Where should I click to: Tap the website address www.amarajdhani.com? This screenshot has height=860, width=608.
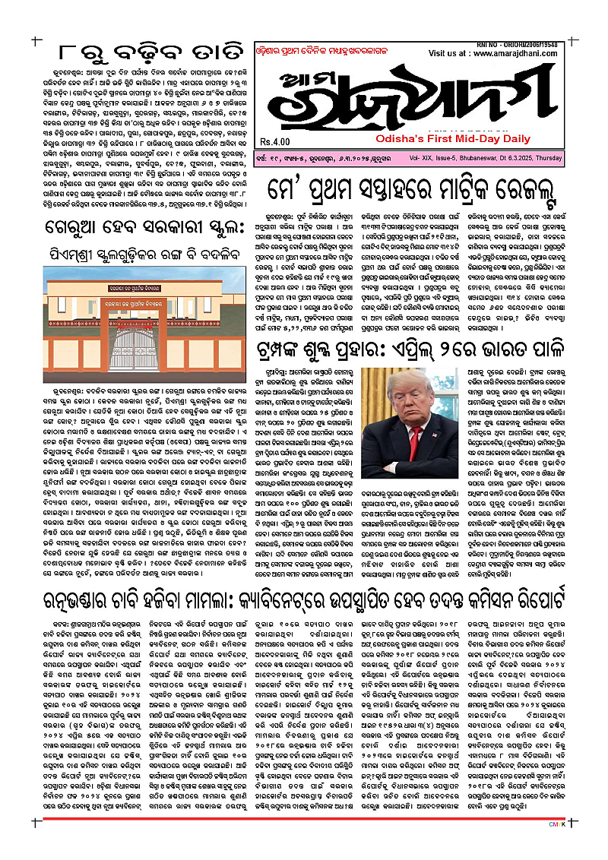518,55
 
